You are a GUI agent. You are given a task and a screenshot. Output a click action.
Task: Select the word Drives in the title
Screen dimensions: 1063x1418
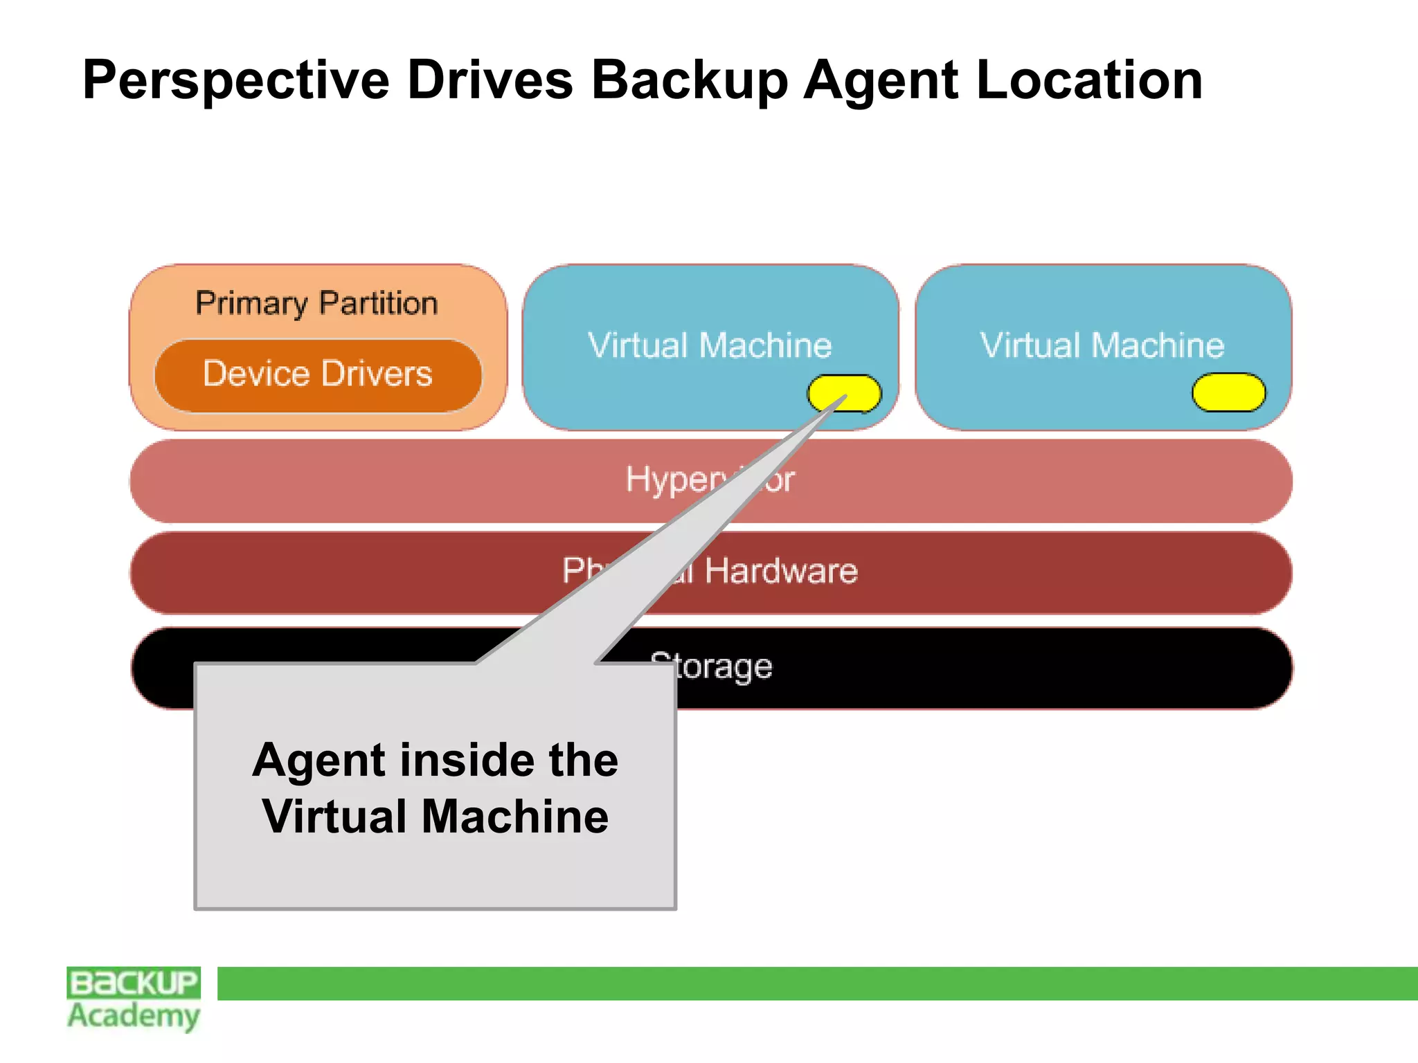click(490, 80)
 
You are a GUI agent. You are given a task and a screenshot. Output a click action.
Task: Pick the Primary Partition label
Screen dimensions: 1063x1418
click(316, 304)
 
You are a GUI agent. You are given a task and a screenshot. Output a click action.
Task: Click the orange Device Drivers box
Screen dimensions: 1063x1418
click(318, 375)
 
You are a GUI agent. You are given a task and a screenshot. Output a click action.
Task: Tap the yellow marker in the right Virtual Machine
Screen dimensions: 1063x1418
click(1228, 392)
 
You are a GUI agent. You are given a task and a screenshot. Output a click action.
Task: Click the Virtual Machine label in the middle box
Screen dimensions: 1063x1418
click(710, 345)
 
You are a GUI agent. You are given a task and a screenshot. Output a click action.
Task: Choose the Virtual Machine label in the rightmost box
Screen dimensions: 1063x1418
click(1102, 345)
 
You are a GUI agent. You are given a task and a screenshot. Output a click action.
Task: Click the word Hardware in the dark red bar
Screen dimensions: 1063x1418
click(781, 572)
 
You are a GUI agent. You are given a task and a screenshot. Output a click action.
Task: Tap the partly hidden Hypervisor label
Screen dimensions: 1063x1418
click(710, 480)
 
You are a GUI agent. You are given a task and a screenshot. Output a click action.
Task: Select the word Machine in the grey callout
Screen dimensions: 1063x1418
click(514, 817)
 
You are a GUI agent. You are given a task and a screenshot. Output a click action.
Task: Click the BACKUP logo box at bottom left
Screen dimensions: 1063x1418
click(134, 983)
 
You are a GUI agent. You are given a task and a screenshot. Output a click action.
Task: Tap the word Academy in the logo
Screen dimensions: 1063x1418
click(134, 1017)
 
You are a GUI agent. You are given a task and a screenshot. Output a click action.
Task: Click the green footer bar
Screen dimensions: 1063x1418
click(817, 983)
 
